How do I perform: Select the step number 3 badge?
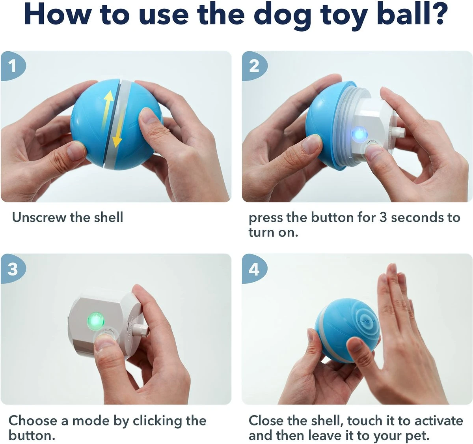(x=13, y=269)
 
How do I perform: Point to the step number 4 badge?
(x=254, y=269)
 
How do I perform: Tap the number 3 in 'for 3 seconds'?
(x=383, y=217)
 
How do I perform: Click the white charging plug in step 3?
(x=140, y=328)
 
